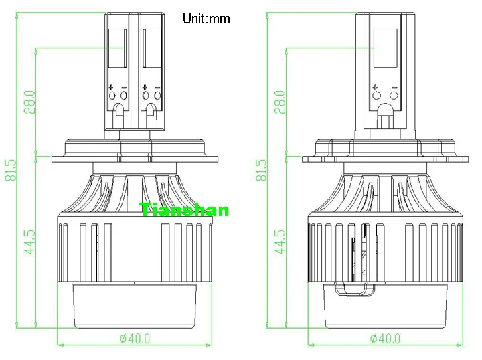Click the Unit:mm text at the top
206,19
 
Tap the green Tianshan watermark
185,210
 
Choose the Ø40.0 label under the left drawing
135,338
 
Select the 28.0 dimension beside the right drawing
280,102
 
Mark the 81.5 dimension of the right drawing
262,170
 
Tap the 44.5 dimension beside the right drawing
280,242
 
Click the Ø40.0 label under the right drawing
385,338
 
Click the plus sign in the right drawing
376,87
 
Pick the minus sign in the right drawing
394,87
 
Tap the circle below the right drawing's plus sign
376,96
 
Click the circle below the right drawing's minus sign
394,96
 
